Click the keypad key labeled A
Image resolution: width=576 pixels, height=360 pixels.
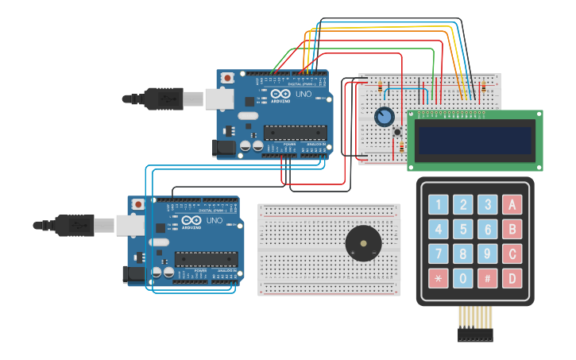[x=512, y=205]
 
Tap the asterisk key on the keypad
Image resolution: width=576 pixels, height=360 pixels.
[x=439, y=279]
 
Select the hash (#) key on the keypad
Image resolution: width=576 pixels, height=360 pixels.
[x=488, y=279]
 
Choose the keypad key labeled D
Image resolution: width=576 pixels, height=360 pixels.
[x=512, y=279]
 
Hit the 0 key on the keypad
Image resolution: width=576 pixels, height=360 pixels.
[x=463, y=279]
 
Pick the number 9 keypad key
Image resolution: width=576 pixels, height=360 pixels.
[x=488, y=254]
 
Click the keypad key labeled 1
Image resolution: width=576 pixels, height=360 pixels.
[x=439, y=205]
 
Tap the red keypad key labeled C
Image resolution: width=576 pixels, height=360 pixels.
[x=512, y=254]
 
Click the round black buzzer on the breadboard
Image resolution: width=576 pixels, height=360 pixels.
[x=363, y=242]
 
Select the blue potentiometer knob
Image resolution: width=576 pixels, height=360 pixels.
[x=385, y=117]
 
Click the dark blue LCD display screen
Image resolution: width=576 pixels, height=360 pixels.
[x=475, y=140]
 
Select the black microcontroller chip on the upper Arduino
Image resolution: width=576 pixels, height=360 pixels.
[x=296, y=133]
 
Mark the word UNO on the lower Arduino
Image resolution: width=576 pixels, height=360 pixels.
[x=214, y=220]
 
